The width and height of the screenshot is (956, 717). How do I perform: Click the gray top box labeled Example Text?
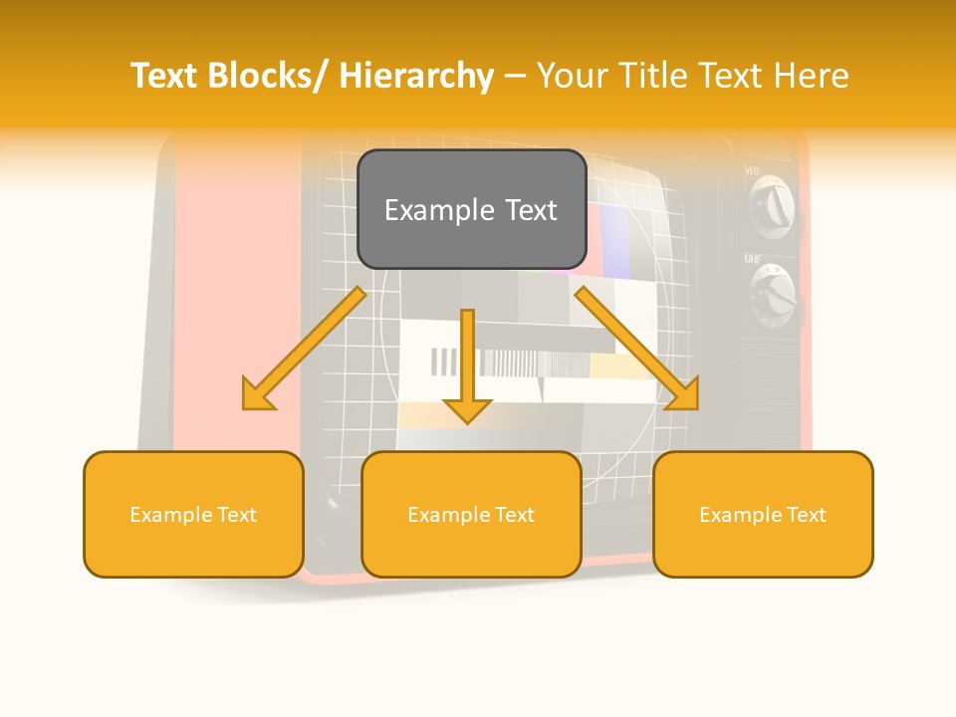[x=471, y=209]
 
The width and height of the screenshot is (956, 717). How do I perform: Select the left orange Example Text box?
[x=193, y=514]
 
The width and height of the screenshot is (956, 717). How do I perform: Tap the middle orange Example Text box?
[x=471, y=514]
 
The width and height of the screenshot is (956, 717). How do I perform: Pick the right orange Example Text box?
[x=763, y=514]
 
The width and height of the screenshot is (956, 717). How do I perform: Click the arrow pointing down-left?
[x=304, y=349]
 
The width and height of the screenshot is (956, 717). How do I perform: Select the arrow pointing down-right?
[x=637, y=349]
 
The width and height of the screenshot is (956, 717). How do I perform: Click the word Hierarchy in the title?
[x=416, y=76]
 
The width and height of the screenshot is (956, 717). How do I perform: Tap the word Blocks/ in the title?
[x=270, y=76]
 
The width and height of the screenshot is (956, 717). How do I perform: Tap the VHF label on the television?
[x=753, y=171]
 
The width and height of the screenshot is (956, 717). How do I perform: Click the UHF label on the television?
[x=753, y=259]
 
